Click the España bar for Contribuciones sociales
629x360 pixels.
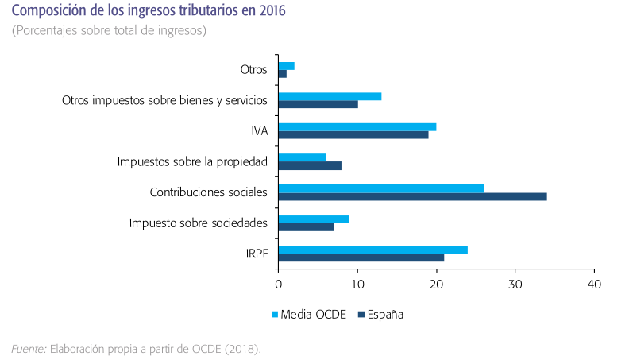tap(412, 197)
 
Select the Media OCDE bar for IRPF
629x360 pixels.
tap(372, 250)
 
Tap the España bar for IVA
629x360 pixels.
tap(353, 135)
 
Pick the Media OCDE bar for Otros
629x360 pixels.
tap(287, 66)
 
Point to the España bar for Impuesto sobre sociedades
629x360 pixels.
tap(306, 227)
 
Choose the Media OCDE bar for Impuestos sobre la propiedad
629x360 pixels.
tap(302, 157)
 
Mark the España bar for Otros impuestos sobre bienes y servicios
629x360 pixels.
tap(318, 104)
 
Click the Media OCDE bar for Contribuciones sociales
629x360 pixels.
tap(381, 188)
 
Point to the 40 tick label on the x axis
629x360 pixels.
tap(593, 285)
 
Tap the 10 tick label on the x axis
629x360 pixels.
tap(357, 285)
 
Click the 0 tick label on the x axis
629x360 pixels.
tap(279, 285)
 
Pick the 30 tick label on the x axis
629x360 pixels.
tap(515, 285)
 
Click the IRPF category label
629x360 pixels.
tap(257, 254)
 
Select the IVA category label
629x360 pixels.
tap(259, 131)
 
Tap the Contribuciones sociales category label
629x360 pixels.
tap(208, 192)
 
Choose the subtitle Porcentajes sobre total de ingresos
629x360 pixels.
tap(109, 31)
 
